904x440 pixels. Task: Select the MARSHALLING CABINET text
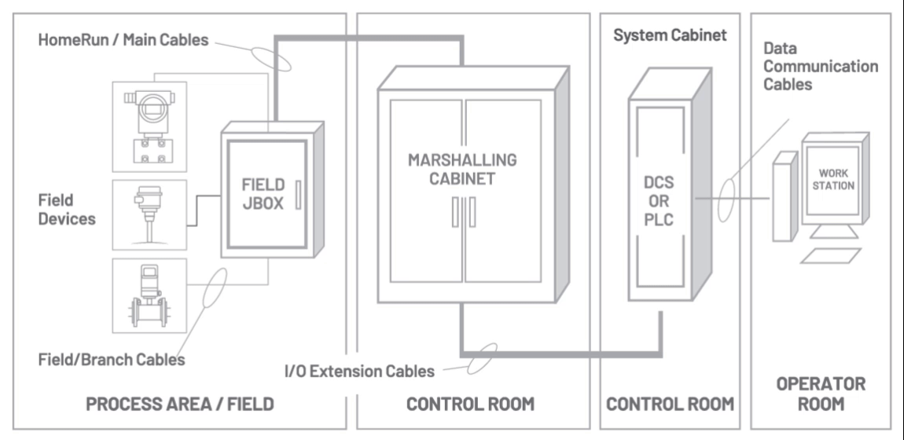pos(462,169)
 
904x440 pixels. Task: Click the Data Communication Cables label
pos(820,65)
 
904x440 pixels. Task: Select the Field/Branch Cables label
pos(112,360)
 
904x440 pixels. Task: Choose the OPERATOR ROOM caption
pos(821,394)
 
